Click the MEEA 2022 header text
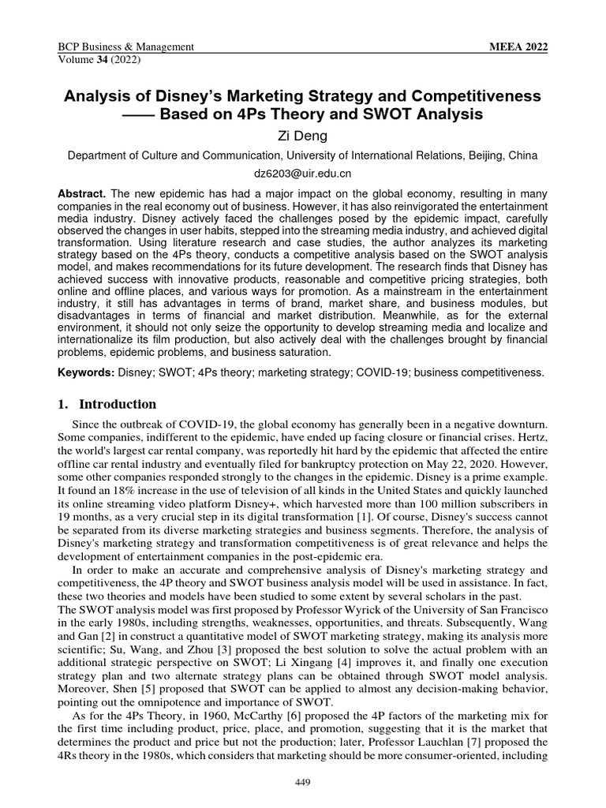tap(518, 47)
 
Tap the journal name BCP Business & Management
tap(126, 47)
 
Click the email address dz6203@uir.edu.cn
tap(302, 172)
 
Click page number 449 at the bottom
tap(302, 781)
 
